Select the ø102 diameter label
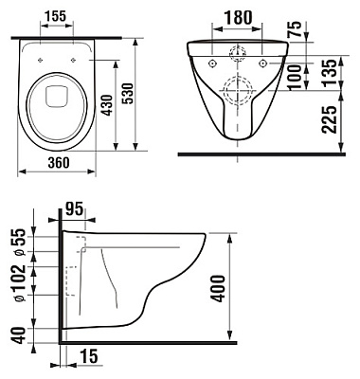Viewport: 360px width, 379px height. coord(18,289)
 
